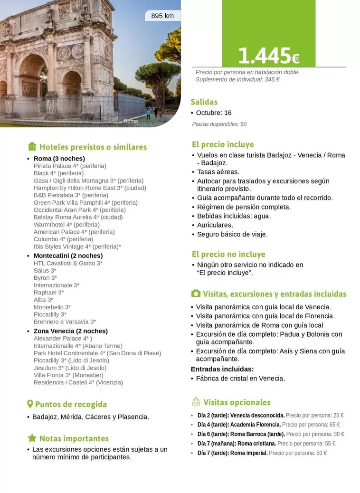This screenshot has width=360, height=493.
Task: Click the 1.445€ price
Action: pyautogui.click(x=268, y=57)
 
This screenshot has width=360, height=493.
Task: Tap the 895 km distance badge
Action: pyautogui.click(x=162, y=16)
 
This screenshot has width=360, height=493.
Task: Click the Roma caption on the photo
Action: pyautogui.click(x=131, y=122)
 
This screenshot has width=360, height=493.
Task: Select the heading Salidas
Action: pyautogui.click(x=204, y=102)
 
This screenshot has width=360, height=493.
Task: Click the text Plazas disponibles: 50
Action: pyautogui.click(x=219, y=124)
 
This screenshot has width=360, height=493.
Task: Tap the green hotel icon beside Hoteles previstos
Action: pyautogui.click(x=32, y=146)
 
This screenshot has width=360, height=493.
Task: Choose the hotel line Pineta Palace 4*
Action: pyautogui.click(x=70, y=166)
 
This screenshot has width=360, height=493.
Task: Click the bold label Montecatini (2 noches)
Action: pyautogui.click(x=68, y=256)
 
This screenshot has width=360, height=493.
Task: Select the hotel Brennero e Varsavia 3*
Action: pyautogui.click(x=65, y=322)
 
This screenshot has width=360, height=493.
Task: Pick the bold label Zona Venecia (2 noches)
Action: pyautogui.click(x=70, y=331)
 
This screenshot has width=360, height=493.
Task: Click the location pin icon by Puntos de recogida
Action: pyautogui.click(x=30, y=404)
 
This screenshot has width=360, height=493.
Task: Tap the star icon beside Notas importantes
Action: pyautogui.click(x=32, y=438)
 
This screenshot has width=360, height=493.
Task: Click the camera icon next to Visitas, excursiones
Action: pyautogui.click(x=195, y=294)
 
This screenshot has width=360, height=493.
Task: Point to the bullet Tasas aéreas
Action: pyautogui.click(x=218, y=172)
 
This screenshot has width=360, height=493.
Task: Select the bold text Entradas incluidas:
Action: pyautogui.click(x=222, y=369)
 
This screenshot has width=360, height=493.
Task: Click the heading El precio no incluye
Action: pyautogui.click(x=228, y=254)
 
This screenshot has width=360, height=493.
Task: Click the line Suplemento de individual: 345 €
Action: pyautogui.click(x=237, y=79)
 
